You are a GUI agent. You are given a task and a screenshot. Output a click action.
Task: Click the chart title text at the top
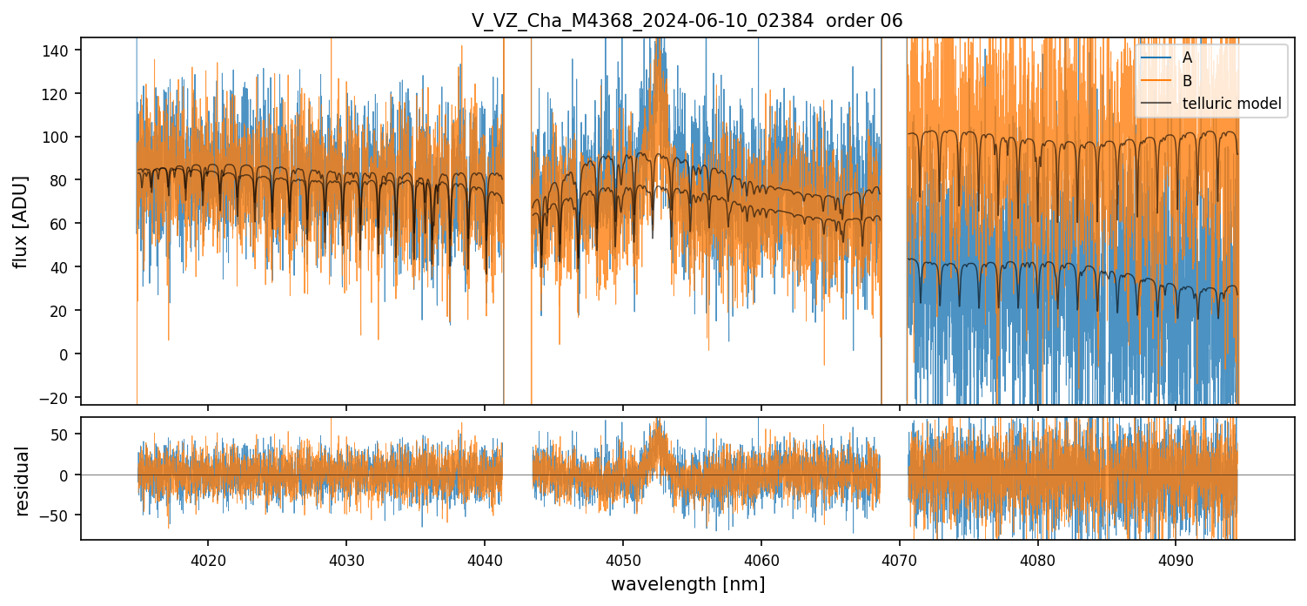(687, 21)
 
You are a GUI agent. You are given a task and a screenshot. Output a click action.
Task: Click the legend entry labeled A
(1187, 58)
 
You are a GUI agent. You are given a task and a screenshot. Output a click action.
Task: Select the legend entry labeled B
(1187, 81)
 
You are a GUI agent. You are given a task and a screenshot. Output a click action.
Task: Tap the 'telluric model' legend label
(1231, 104)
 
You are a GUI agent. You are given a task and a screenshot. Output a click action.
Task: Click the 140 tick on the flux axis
(59, 50)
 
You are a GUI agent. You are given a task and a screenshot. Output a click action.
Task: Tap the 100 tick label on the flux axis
(59, 138)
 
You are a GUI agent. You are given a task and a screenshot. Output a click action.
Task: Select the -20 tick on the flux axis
(59, 397)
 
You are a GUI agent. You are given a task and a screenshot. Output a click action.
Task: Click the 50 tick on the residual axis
(63, 435)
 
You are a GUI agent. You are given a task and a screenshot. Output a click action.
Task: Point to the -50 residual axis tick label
(59, 515)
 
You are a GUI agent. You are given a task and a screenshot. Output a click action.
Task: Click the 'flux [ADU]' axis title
(22, 221)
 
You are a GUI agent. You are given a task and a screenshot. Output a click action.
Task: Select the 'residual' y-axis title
(22, 481)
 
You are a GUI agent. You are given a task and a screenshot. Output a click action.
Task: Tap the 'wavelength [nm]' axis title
(687, 584)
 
